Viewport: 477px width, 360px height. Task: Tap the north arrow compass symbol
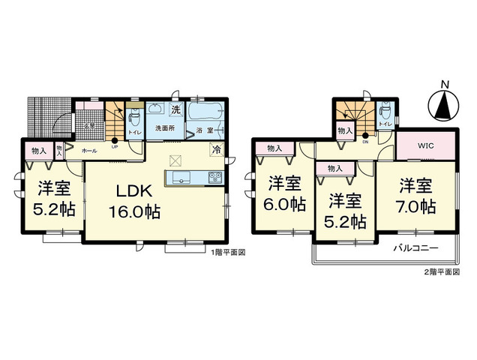(x=443, y=105)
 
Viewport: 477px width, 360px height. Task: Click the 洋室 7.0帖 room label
(x=416, y=194)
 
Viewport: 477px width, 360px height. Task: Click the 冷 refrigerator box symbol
(x=216, y=149)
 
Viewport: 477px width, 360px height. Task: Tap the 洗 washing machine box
(x=175, y=110)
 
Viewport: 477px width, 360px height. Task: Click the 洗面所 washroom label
(x=165, y=128)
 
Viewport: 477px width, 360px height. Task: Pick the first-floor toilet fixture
(x=136, y=118)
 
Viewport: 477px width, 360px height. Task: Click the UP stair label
(x=115, y=146)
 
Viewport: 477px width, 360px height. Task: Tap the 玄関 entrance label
(x=87, y=125)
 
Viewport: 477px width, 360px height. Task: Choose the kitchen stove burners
(x=213, y=178)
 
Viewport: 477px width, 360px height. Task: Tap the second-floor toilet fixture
(x=385, y=113)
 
